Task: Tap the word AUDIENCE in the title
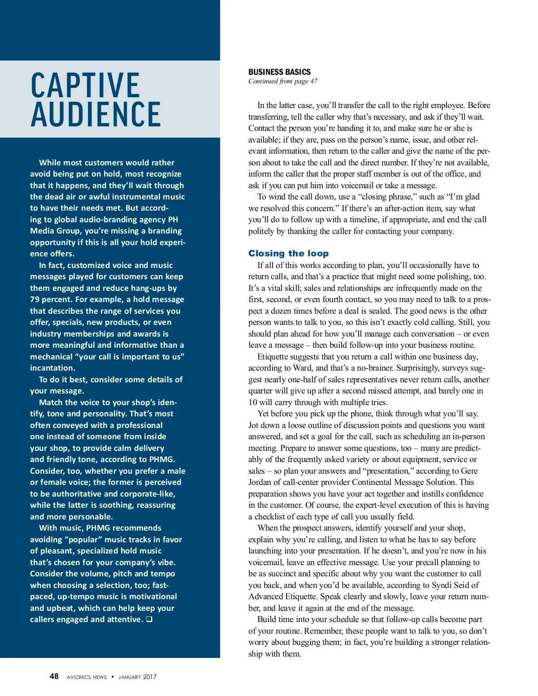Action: (x=95, y=114)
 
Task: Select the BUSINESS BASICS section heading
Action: (x=279, y=72)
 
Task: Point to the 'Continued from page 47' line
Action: (x=283, y=81)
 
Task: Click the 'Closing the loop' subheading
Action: (x=288, y=253)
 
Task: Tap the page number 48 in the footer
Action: (x=54, y=676)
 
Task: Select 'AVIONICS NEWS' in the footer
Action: (x=87, y=677)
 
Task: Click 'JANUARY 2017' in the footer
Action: (x=138, y=677)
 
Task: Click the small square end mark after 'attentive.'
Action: (x=149, y=619)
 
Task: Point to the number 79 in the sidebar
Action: (x=35, y=299)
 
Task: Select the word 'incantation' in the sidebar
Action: (x=52, y=368)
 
